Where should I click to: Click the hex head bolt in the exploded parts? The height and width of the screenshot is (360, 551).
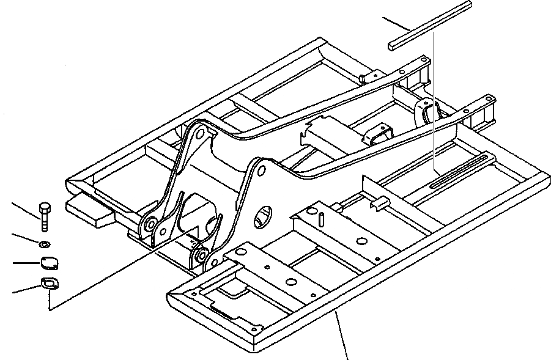(x=44, y=215)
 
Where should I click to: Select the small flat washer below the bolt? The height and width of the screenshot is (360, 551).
(x=43, y=244)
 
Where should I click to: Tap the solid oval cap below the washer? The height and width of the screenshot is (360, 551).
(x=48, y=263)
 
